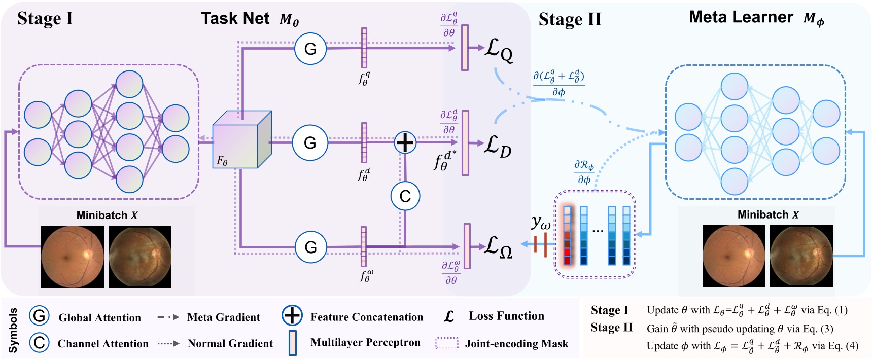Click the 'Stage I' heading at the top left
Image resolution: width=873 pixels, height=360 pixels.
coord(45,19)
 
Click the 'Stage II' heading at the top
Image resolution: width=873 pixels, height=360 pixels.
coord(570,20)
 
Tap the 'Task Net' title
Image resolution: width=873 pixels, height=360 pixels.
coord(235,19)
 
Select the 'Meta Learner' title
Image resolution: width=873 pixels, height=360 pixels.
coord(741,17)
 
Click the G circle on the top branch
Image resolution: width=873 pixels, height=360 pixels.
coord(310,49)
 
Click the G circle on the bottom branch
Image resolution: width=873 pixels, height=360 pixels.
coord(310,247)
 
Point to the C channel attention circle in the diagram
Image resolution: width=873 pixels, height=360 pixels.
coord(405,196)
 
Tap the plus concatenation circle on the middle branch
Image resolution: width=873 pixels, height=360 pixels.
coord(405,142)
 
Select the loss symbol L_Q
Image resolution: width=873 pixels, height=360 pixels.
coord(499,50)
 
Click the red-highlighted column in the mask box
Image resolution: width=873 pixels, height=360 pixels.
coord(568,236)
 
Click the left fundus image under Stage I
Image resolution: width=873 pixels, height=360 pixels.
coord(73,257)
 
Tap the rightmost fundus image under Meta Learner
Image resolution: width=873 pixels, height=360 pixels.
coord(801,256)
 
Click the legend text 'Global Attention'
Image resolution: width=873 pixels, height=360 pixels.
coord(99,318)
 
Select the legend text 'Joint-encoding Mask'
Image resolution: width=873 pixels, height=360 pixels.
coord(516,344)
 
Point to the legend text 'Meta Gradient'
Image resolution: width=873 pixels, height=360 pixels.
coord(223,317)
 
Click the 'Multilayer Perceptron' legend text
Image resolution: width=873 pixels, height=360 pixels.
coord(365,342)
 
